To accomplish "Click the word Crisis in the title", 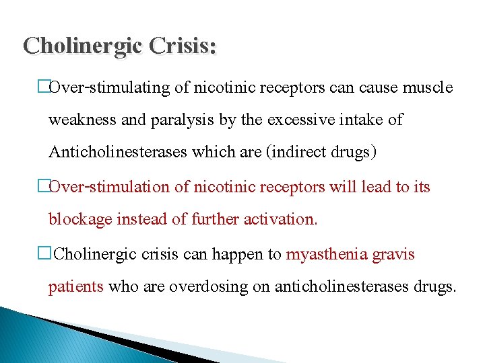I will pyautogui.click(x=182, y=46).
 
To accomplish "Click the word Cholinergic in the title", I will pyautogui.click(x=81, y=46).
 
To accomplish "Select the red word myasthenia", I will pyautogui.click(x=325, y=254).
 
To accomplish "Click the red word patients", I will pyautogui.click(x=75, y=287).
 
